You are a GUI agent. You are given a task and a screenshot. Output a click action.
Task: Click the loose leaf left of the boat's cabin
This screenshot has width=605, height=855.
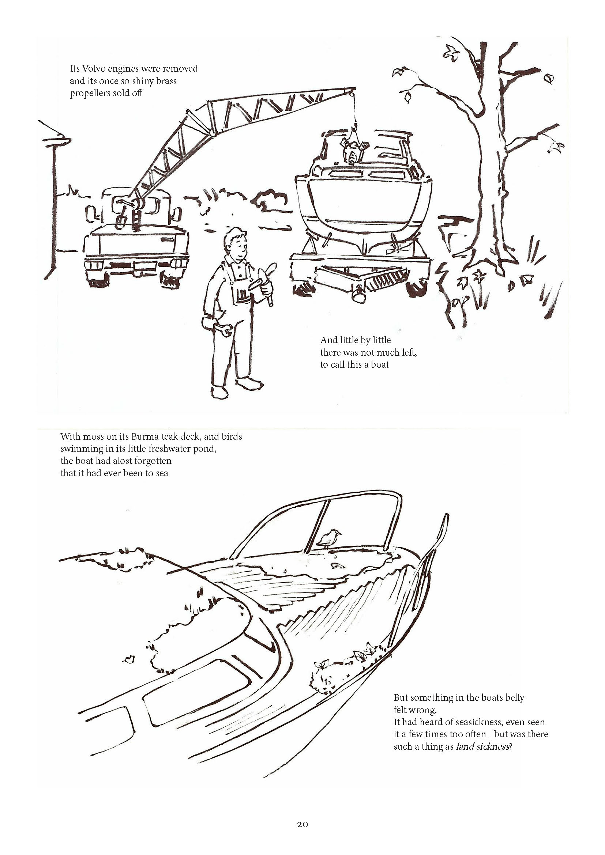pyautogui.click(x=128, y=659)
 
